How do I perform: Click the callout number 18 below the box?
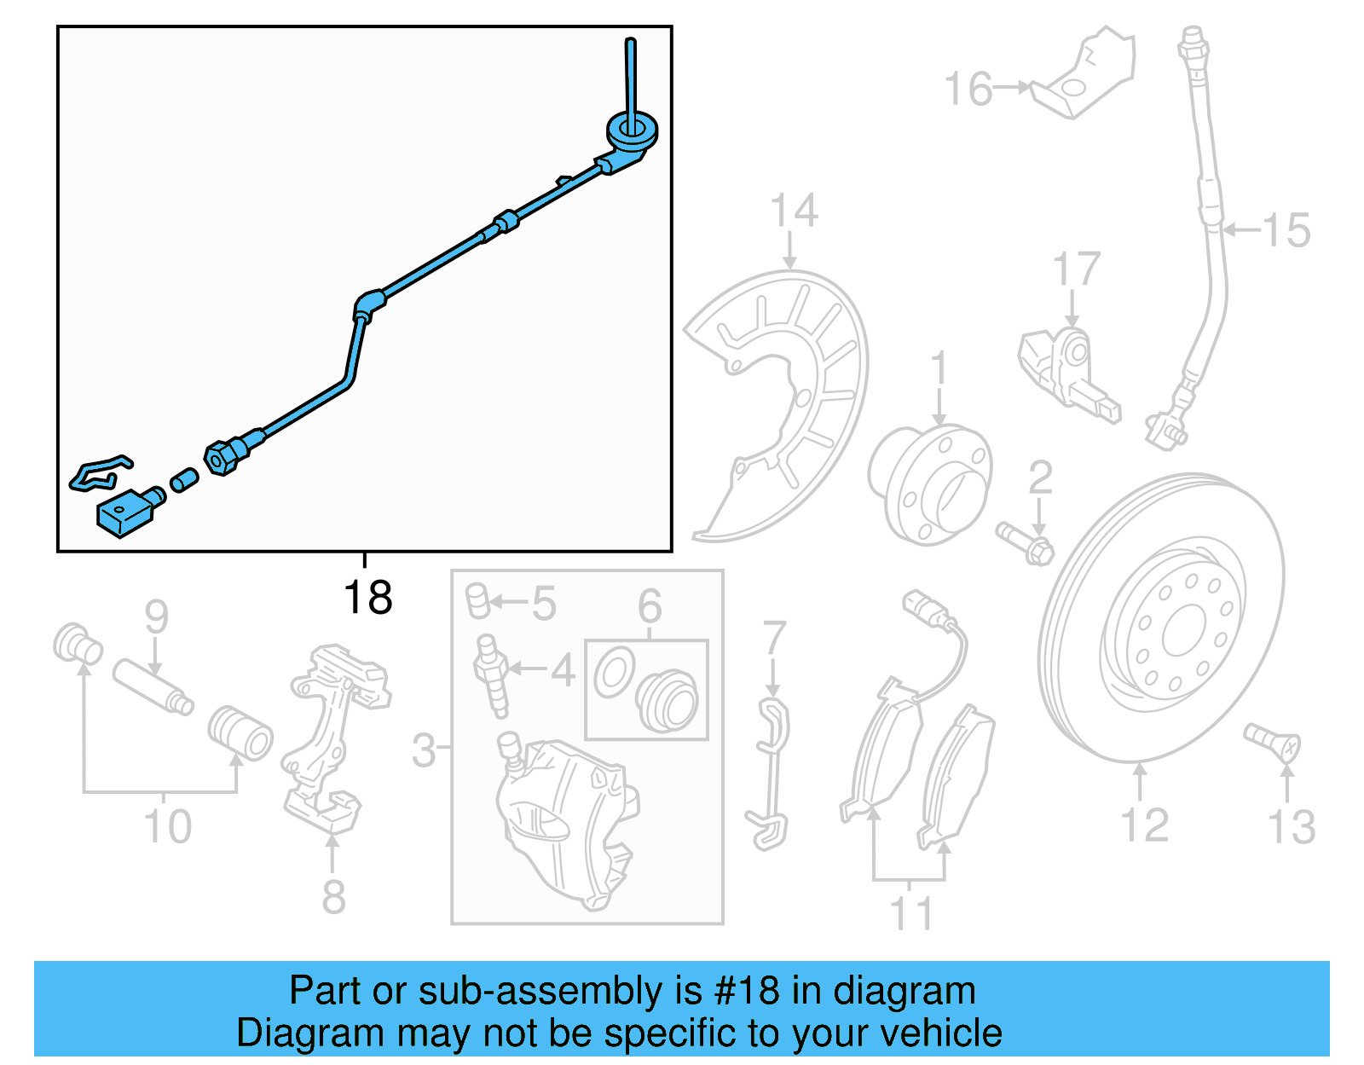(x=367, y=598)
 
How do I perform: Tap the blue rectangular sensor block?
(x=122, y=513)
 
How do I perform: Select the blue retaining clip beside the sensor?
(x=99, y=474)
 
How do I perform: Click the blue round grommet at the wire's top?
(x=632, y=130)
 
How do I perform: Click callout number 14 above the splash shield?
(x=794, y=211)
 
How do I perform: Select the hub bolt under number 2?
(x=1026, y=543)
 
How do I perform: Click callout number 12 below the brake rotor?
(x=1143, y=825)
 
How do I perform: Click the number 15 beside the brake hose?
(x=1286, y=230)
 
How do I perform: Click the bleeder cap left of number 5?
(x=478, y=600)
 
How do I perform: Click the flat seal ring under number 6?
(x=614, y=672)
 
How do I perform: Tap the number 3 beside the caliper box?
(x=424, y=750)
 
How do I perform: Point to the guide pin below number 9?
(x=153, y=687)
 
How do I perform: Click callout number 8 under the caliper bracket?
(x=333, y=897)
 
